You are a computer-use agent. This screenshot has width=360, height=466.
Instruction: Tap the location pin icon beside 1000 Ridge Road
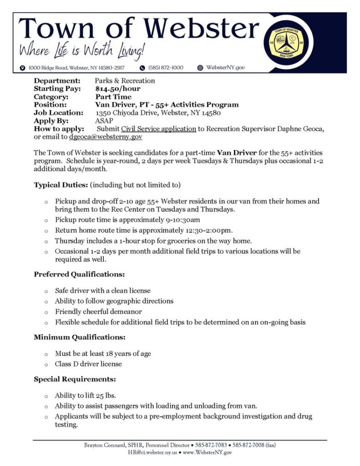22,68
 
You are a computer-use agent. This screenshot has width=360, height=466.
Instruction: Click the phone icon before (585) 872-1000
142,68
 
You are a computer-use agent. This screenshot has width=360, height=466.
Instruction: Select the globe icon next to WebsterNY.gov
200,68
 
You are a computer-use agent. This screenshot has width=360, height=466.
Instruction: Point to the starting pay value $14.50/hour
118,89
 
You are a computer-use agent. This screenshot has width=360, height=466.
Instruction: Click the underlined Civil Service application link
159,129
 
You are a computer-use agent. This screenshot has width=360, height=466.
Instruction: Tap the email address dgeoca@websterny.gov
106,137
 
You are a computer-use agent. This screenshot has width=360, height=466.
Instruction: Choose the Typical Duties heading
61,185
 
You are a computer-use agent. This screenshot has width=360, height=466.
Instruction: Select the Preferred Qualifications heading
79,274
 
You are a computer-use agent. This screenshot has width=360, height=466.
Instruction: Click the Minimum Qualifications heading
79,338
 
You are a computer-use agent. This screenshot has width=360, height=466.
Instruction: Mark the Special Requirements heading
75,379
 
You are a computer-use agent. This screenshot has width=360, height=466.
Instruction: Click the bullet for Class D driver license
46,365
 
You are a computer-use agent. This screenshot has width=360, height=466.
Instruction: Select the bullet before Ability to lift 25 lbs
46,396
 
